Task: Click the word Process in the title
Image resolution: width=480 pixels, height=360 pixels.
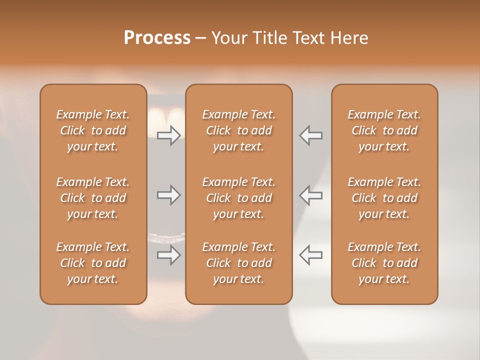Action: coord(157,38)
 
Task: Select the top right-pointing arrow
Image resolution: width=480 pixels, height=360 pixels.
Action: coord(168,135)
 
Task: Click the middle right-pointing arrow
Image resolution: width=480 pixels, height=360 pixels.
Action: coord(168,195)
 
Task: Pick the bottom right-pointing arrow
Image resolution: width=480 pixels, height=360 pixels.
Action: coord(168,255)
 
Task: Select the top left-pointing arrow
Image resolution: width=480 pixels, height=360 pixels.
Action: coord(311,135)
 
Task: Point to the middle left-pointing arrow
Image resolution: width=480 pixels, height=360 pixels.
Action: coord(311,195)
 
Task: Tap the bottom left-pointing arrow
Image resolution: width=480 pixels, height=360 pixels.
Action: coord(311,255)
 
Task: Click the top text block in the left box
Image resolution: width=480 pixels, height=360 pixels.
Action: coord(93,130)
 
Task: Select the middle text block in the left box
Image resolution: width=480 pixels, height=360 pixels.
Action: coord(93,198)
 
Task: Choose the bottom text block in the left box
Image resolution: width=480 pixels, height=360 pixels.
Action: coord(93,263)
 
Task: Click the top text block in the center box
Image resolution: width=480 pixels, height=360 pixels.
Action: coord(239,130)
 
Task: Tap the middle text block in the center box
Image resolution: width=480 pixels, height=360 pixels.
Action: coord(239,198)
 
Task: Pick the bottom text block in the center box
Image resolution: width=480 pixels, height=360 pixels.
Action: coord(239,263)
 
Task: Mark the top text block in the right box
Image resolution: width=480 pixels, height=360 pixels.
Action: coord(384,130)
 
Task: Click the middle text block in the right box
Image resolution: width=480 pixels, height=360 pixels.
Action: coord(384,198)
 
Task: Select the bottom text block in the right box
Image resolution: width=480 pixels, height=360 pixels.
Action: coord(384,263)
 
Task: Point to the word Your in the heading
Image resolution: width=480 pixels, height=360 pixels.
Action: coord(228,38)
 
